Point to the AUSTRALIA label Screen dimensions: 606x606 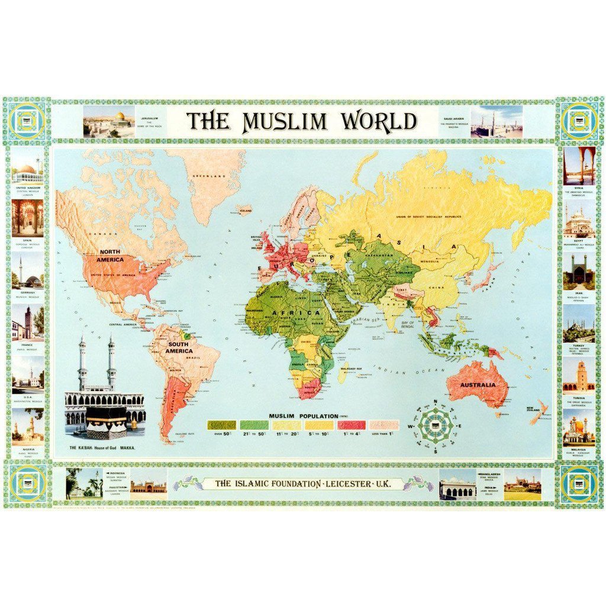pyautogui.click(x=479, y=385)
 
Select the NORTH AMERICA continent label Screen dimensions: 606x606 pyautogui.click(x=111, y=256)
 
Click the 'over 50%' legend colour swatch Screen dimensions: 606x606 pyautogui.click(x=221, y=425)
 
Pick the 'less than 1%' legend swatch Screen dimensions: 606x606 pyautogui.click(x=384, y=425)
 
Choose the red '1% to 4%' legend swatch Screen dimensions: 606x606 pyautogui.click(x=352, y=425)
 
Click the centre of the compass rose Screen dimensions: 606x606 pyautogui.click(x=435, y=426)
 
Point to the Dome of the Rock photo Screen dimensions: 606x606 pyautogui.click(x=109, y=121)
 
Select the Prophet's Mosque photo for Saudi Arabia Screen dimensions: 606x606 pyautogui.click(x=496, y=121)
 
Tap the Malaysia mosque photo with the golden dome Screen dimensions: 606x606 pyautogui.click(x=578, y=427)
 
